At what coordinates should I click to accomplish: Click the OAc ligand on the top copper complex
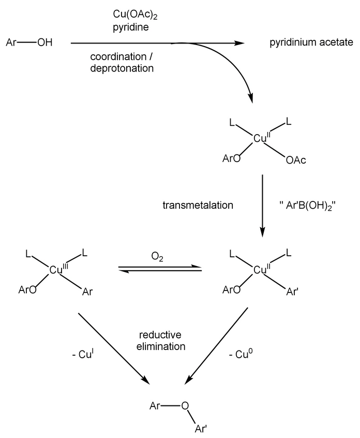click(296, 160)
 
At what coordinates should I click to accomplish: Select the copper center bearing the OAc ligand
click(261, 138)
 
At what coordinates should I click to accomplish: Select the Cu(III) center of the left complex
click(57, 269)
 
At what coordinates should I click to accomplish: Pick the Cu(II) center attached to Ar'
click(261, 269)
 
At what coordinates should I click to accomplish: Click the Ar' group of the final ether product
click(201, 428)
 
